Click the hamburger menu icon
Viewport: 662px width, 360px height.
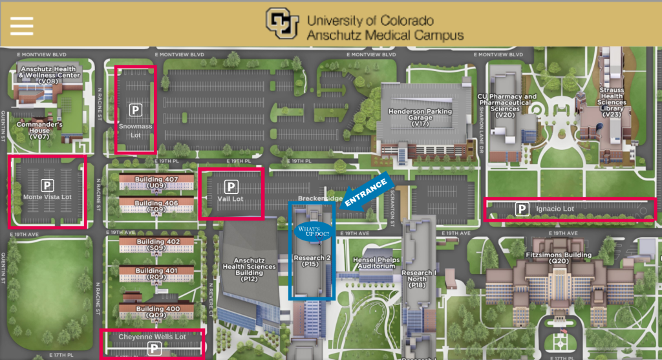pyautogui.click(x=21, y=25)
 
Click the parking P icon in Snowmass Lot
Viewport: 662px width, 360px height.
pyautogui.click(x=135, y=110)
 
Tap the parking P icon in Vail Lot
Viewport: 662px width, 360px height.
pyautogui.click(x=231, y=186)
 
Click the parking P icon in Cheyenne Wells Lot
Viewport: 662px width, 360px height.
pyautogui.click(x=155, y=349)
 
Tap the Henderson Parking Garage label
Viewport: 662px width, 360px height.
pyautogui.click(x=420, y=116)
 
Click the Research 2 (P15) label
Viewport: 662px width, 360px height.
pyautogui.click(x=311, y=260)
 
